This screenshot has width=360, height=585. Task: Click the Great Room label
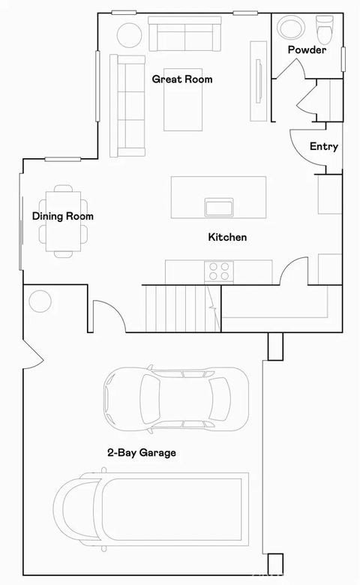tap(181, 79)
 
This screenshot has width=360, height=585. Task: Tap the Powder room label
tap(307, 50)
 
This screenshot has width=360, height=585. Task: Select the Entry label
tap(323, 147)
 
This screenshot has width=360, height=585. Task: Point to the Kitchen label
tap(227, 237)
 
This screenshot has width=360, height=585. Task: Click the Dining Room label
tap(63, 217)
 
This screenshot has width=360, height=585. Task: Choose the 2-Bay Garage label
tap(141, 453)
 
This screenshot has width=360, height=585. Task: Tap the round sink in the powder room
tap(291, 28)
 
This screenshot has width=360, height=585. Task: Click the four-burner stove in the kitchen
tap(220, 270)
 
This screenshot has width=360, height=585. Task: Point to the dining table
tap(63, 221)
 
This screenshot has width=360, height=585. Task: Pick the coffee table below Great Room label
tap(184, 106)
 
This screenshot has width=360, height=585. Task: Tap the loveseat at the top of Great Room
tap(184, 34)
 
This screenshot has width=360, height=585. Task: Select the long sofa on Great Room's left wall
tap(127, 105)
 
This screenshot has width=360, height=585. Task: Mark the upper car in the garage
tap(175, 400)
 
